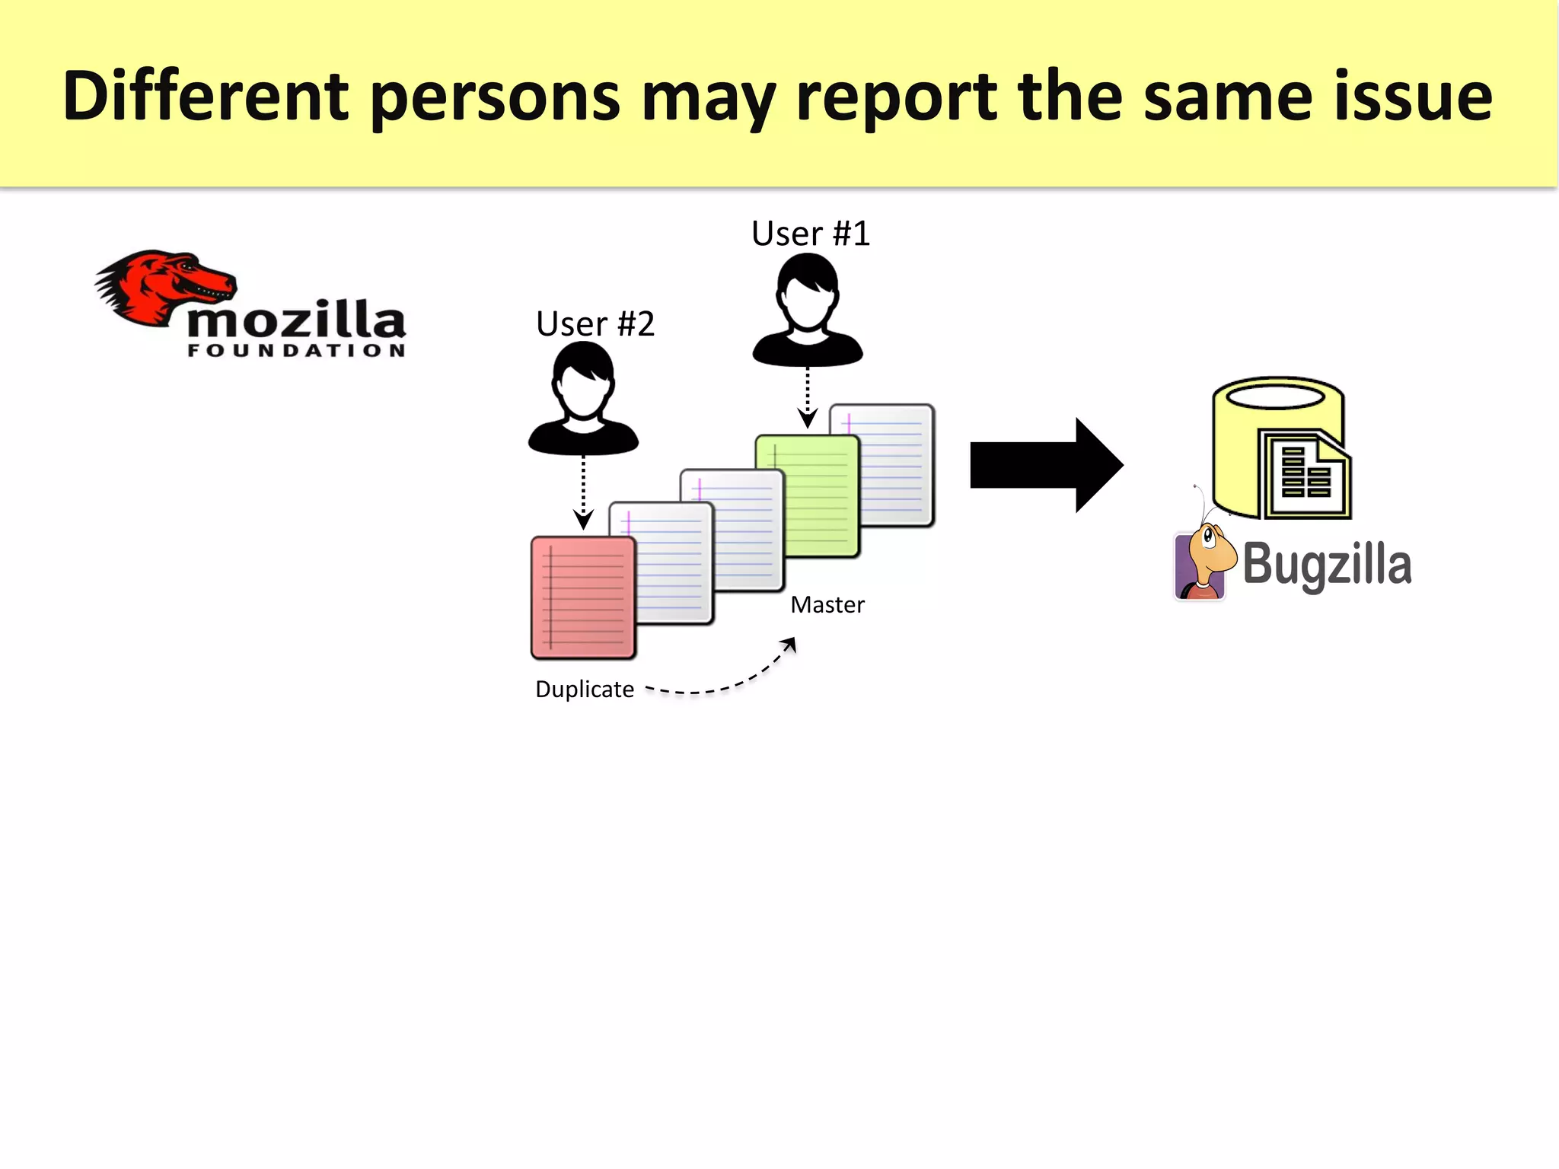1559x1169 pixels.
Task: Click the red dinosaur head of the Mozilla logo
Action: (164, 285)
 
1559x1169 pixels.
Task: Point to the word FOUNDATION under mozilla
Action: (296, 350)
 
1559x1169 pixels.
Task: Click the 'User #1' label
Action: (810, 234)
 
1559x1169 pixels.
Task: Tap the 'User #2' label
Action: (595, 324)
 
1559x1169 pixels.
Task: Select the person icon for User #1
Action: (808, 312)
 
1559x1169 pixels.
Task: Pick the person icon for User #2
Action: (583, 400)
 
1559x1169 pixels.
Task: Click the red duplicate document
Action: (583, 597)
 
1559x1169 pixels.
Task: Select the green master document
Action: (807, 495)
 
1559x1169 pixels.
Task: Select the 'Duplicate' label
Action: (585, 690)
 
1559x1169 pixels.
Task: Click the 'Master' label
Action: (827, 605)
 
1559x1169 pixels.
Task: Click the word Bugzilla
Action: (1327, 565)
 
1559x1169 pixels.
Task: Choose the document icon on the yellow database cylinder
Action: (1305, 476)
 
